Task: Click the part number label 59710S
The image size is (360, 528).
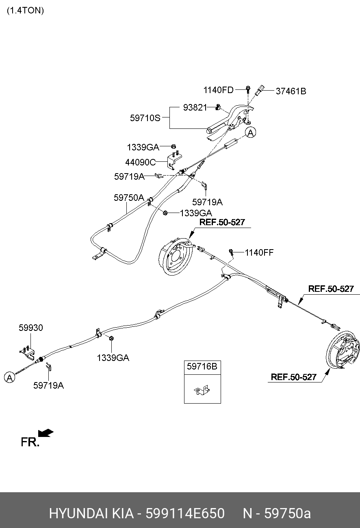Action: coord(145,118)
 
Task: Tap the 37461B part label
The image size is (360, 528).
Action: coord(291,91)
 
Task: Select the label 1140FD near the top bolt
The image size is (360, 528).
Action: coord(218,90)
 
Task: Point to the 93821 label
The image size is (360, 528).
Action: coord(195,107)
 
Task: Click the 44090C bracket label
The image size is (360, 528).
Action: coord(140,162)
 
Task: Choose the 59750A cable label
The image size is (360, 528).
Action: coord(129,198)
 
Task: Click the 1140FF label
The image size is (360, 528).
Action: coord(259,252)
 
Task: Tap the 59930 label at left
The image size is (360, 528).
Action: coord(30,328)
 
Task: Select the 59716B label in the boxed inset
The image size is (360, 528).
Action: coord(202,367)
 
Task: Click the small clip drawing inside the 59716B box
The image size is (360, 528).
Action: coord(202,390)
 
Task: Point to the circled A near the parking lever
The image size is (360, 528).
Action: coord(251,132)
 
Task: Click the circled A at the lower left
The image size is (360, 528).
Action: coord(9,377)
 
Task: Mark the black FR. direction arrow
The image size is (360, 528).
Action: coord(46,433)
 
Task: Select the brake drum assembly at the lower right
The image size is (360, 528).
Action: coord(344,350)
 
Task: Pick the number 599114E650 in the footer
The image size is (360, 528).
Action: coord(185,513)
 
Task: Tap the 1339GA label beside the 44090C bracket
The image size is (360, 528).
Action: coord(143,148)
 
